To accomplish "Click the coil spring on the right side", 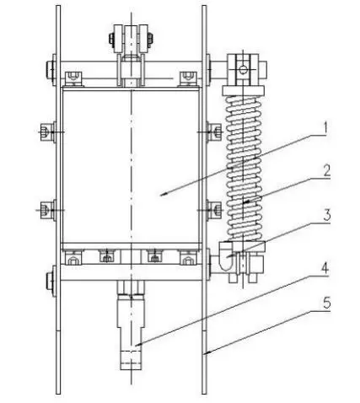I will pos(244,160).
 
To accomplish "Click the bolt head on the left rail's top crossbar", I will pos(51,68).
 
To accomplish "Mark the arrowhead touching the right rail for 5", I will pos(207,350).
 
